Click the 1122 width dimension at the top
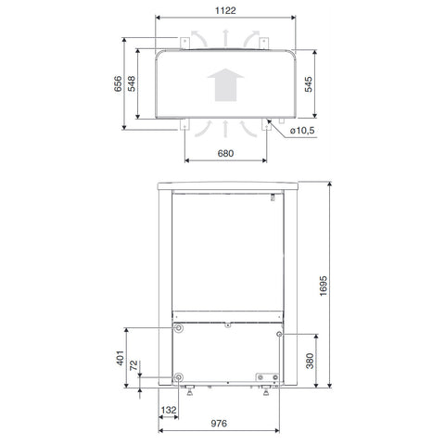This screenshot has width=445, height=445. pyautogui.click(x=222, y=9)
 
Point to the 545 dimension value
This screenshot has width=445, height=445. pyautogui.click(x=320, y=84)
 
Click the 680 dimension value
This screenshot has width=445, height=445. pyautogui.click(x=222, y=153)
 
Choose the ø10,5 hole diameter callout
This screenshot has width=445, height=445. pyautogui.click(x=302, y=131)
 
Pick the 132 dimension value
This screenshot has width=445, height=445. pyautogui.click(x=170, y=409)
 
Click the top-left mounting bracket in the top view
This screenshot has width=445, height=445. pyautogui.click(x=183, y=41)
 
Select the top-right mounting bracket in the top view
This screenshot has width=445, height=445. pyautogui.click(x=263, y=41)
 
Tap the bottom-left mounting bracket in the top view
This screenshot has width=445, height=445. pyautogui.click(x=183, y=126)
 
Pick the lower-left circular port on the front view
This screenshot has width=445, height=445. pyautogui.click(x=177, y=378)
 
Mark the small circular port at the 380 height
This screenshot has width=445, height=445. pyautogui.click(x=278, y=333)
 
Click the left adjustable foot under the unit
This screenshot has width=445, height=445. pyautogui.click(x=190, y=393)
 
